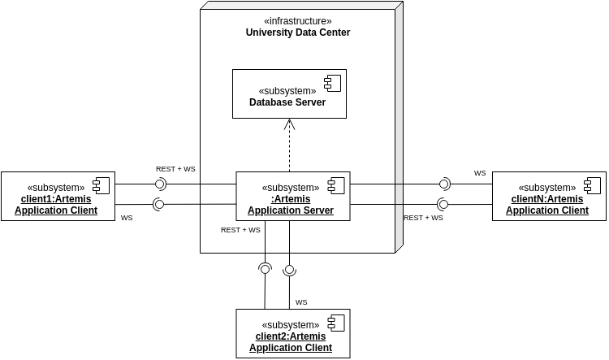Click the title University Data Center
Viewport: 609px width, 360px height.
tap(298, 33)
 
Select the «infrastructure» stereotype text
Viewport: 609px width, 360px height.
tap(298, 21)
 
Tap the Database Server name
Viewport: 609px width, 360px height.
tap(287, 102)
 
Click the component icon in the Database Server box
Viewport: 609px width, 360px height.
tap(332, 82)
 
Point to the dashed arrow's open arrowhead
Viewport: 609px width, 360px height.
tap(289, 124)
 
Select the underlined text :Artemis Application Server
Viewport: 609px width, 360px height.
tap(291, 205)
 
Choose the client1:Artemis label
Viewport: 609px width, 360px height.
tap(56, 199)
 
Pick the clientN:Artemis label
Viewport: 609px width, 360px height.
tap(547, 199)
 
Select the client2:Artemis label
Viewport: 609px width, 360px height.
tap(291, 336)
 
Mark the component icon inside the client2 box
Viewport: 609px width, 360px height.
tap(335, 322)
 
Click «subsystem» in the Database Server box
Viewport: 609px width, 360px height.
tap(287, 91)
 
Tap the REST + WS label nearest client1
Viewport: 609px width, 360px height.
tap(175, 169)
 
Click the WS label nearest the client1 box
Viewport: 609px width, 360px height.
tap(127, 218)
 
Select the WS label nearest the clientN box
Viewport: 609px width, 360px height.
tap(480, 173)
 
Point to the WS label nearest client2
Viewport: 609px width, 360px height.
tap(301, 302)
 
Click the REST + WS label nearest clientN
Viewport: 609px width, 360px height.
tap(423, 218)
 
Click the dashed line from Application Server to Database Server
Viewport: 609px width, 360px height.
tap(289, 150)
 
